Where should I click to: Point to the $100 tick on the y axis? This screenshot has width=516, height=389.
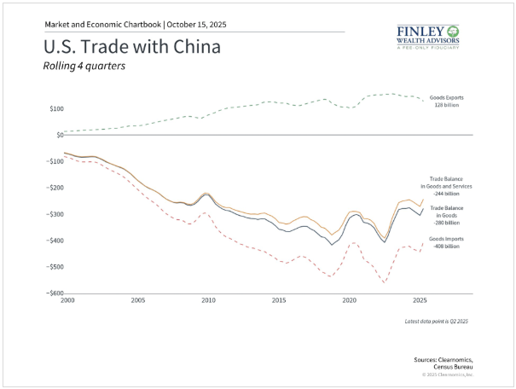[x=56, y=108]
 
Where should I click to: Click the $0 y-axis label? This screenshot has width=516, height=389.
[x=59, y=135]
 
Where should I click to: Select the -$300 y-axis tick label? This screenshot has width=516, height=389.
[x=55, y=214]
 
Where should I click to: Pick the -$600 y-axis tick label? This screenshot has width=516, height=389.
[x=55, y=293]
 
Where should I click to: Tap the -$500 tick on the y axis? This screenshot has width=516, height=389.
[x=55, y=267]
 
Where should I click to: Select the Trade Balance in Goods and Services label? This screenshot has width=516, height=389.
[x=451, y=184]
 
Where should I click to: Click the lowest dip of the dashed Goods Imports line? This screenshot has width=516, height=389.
[x=384, y=282]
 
